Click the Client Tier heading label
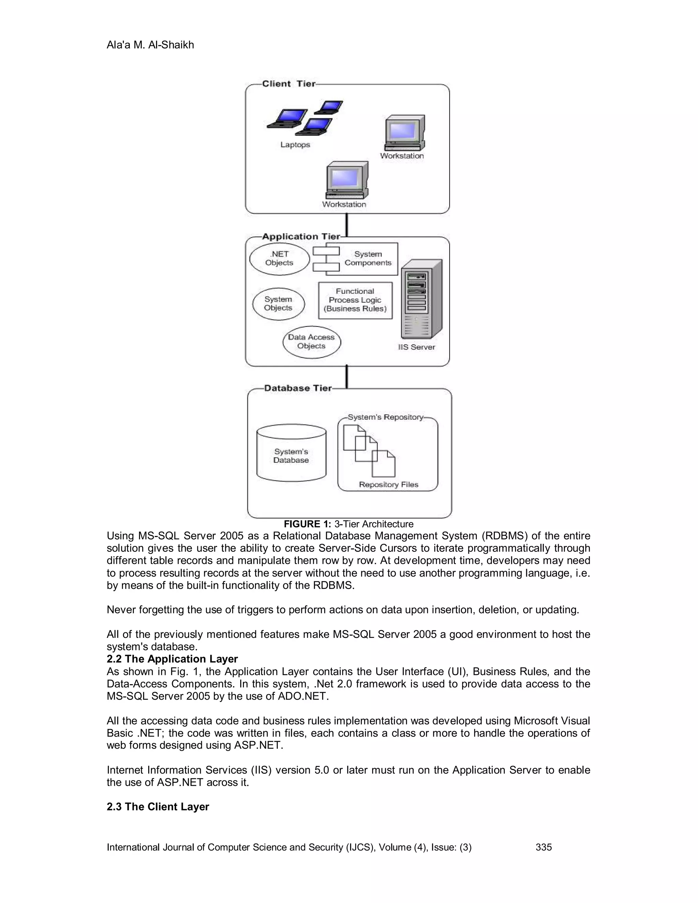(288, 84)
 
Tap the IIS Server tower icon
(421, 299)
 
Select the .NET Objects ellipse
(279, 259)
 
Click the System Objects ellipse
(278, 304)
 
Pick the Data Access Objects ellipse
(312, 342)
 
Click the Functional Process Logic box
(355, 301)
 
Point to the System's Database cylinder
(291, 453)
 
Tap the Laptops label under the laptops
(295, 145)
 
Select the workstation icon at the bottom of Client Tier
(347, 181)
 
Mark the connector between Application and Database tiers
(347, 377)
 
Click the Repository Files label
(388, 485)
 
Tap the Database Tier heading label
(298, 388)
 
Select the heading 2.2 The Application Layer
(172, 659)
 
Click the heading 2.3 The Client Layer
(157, 807)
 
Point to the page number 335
(543, 847)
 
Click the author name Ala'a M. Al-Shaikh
(150, 45)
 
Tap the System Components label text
(368, 258)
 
